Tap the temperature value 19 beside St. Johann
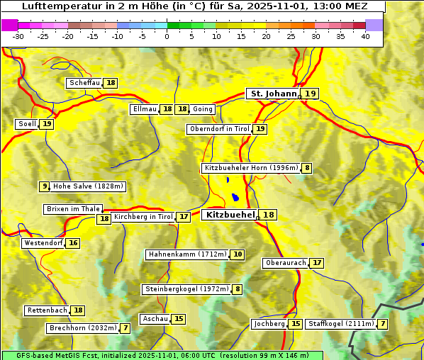(311, 94)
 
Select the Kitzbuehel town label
(229, 215)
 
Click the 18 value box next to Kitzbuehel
(268, 215)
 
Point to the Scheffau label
(84, 83)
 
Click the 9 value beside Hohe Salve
(45, 186)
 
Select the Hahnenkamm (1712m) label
(187, 254)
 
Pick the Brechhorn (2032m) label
(82, 328)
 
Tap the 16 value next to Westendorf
(73, 243)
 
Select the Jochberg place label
(269, 324)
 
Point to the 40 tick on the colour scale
(365, 36)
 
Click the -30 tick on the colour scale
(18, 36)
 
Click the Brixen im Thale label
(73, 209)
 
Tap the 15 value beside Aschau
(179, 319)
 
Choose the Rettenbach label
(48, 310)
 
